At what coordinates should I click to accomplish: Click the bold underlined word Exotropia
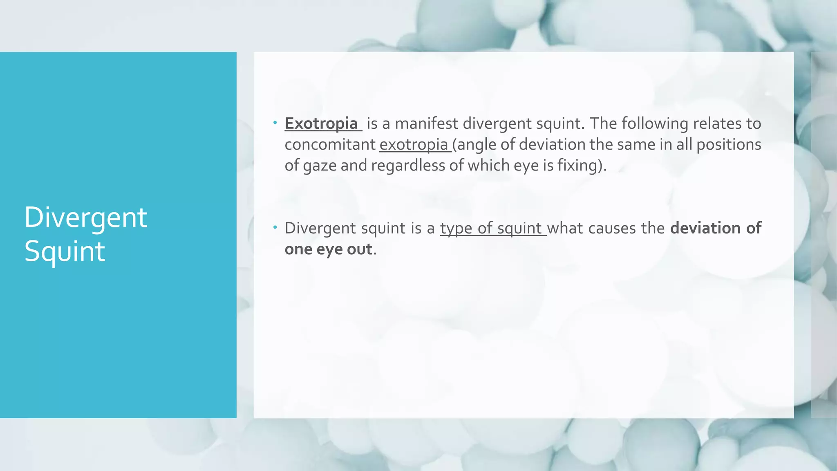pos(321,123)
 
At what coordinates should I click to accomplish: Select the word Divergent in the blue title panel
pos(85,218)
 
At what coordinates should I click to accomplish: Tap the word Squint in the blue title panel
pos(65,251)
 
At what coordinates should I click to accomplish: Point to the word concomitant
pos(330,145)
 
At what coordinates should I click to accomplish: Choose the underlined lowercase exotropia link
pos(414,145)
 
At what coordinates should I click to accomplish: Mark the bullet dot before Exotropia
pos(275,122)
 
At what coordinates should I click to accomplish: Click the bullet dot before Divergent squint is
pos(275,227)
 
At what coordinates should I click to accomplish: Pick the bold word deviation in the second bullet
pos(706,228)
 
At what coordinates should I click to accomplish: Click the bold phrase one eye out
pos(328,249)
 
